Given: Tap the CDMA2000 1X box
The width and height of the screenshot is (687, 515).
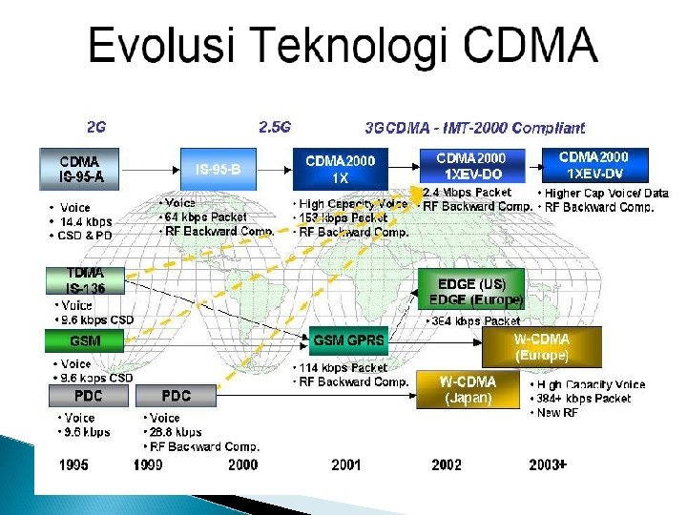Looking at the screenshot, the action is (x=340, y=169).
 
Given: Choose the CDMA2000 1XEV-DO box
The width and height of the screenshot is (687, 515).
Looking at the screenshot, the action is (x=470, y=166).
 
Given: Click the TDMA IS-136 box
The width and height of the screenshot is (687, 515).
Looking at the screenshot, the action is (x=85, y=280).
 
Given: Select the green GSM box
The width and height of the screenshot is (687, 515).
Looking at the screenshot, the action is (x=85, y=340).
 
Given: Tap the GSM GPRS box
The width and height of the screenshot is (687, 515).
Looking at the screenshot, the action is (x=348, y=340).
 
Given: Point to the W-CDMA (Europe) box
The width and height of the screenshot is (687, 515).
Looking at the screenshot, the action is (x=542, y=347).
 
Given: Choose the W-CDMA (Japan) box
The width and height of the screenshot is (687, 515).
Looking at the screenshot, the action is (x=468, y=390).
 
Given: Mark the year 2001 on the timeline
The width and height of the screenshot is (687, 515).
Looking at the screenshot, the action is (x=345, y=464).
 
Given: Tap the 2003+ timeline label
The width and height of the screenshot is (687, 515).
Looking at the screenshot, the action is (x=548, y=464).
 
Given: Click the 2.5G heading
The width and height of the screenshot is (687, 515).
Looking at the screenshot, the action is (x=275, y=126).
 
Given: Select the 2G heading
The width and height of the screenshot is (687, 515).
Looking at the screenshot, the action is (x=96, y=126).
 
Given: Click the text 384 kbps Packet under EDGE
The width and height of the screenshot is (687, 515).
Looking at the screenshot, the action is (x=473, y=321).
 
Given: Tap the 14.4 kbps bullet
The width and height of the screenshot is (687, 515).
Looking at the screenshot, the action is (x=86, y=221).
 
